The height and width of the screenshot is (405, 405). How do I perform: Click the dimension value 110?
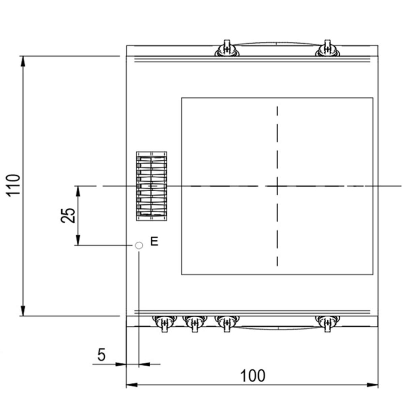point(13,185)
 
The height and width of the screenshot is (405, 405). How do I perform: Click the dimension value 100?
point(252,376)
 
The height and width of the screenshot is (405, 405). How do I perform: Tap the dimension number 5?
point(102,355)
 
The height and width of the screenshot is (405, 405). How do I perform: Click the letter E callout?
point(154,242)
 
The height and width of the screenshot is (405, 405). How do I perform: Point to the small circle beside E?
point(139,245)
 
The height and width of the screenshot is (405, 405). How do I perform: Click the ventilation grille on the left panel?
point(152,186)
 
